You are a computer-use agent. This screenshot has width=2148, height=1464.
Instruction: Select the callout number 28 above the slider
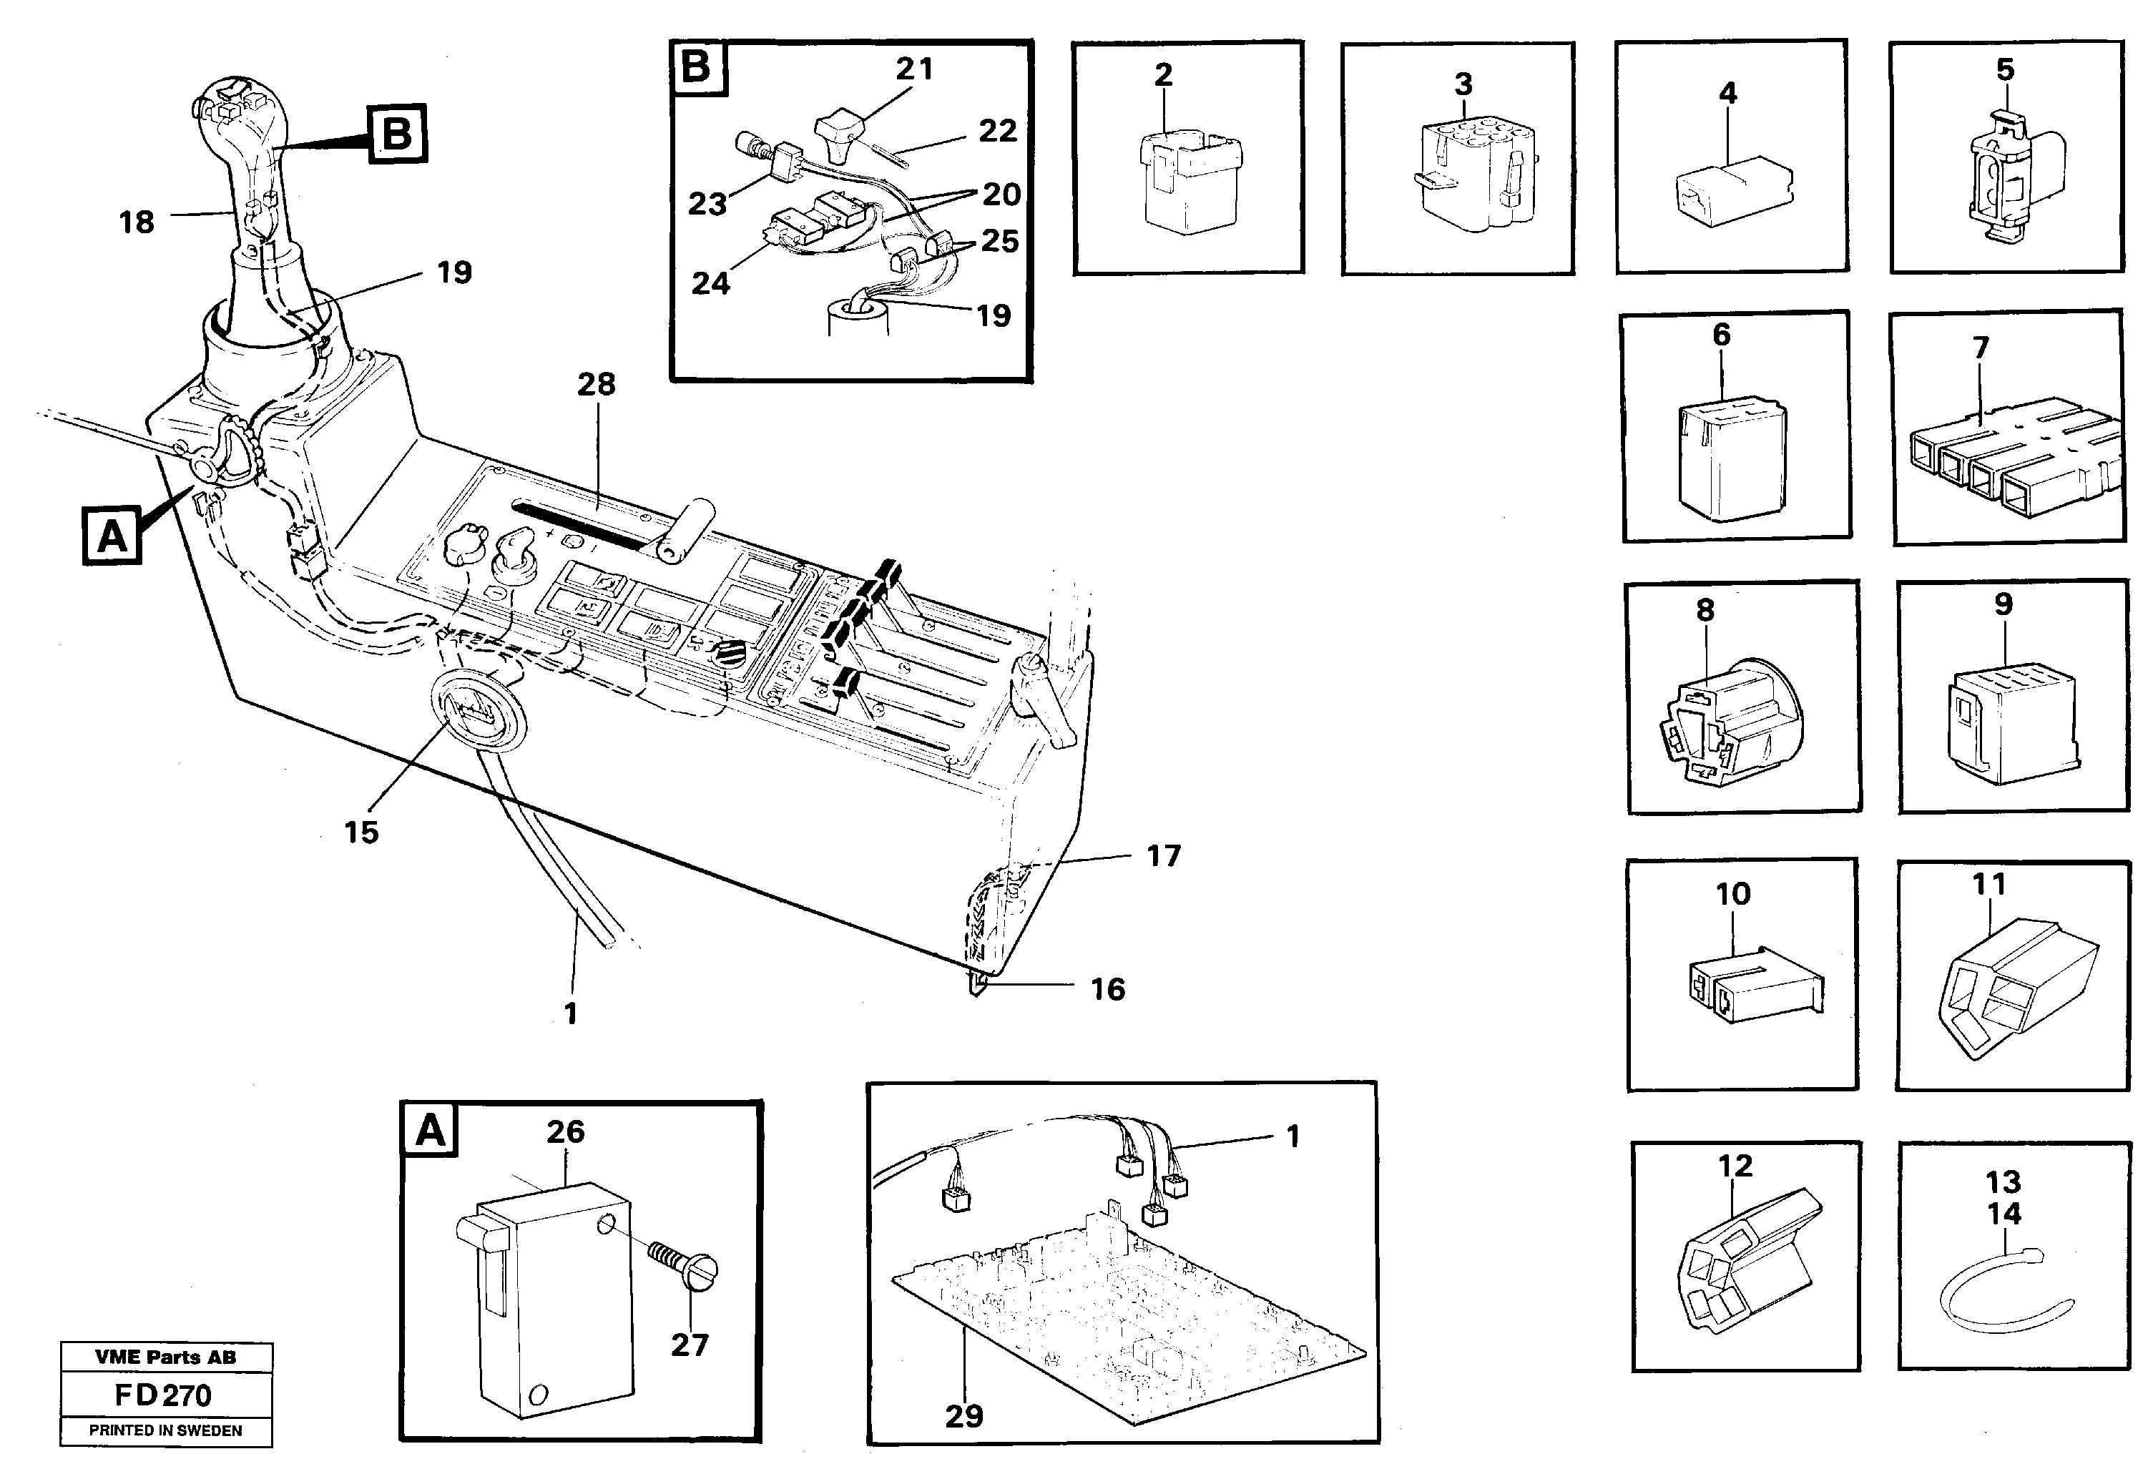click(x=596, y=385)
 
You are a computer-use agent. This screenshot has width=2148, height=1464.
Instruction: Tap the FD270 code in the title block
click(x=164, y=1395)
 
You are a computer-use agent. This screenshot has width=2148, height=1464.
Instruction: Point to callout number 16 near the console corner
click(x=1107, y=989)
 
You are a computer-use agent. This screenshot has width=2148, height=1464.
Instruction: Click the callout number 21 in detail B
click(x=914, y=69)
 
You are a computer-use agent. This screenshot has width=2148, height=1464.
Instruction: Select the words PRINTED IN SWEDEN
click(x=165, y=1430)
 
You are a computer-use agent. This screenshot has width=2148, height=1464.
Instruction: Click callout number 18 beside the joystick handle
click(x=137, y=222)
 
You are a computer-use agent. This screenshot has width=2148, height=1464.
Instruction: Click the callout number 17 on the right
click(x=1164, y=856)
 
